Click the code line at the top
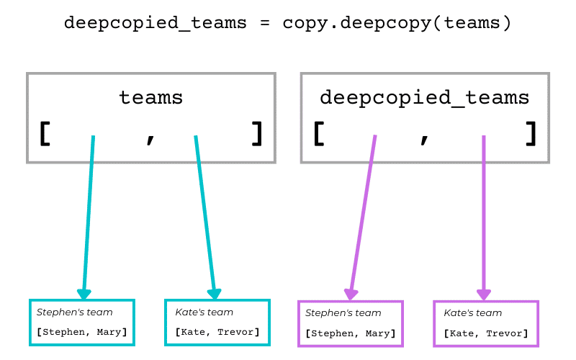pos(287,23)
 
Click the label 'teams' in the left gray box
pos(150,98)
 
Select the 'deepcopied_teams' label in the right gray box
pos(424,98)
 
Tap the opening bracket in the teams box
pos(45,134)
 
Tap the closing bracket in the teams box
pos(257,134)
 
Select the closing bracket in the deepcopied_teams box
pos(531,134)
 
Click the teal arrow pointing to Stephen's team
pos(89,216)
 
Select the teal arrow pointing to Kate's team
pos(205,216)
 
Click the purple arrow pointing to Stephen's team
pos(362,216)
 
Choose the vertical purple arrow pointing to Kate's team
pos(483,216)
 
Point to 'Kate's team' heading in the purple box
pos(472,313)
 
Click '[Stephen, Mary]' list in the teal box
pos(81,332)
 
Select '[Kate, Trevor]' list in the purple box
pos(486,333)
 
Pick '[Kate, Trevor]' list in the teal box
pos(217,332)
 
